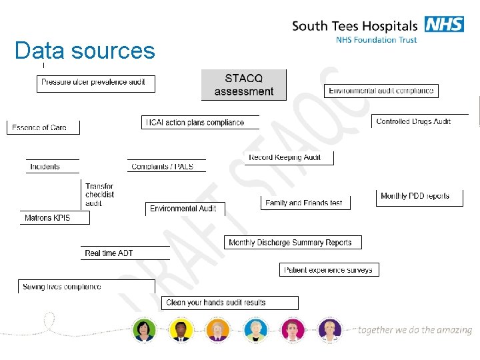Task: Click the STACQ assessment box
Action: pyautogui.click(x=243, y=85)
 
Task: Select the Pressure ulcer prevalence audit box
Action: pyautogui.click(x=95, y=83)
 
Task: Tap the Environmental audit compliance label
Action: pyautogui.click(x=381, y=91)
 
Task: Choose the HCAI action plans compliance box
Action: pyautogui.click(x=195, y=123)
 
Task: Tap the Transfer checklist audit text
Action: pyautogui.click(x=99, y=195)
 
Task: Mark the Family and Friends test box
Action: pyautogui.click(x=304, y=203)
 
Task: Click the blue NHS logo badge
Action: pyautogui.click(x=444, y=25)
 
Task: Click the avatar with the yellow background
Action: pyautogui.click(x=181, y=330)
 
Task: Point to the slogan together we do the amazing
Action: pyautogui.click(x=415, y=330)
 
